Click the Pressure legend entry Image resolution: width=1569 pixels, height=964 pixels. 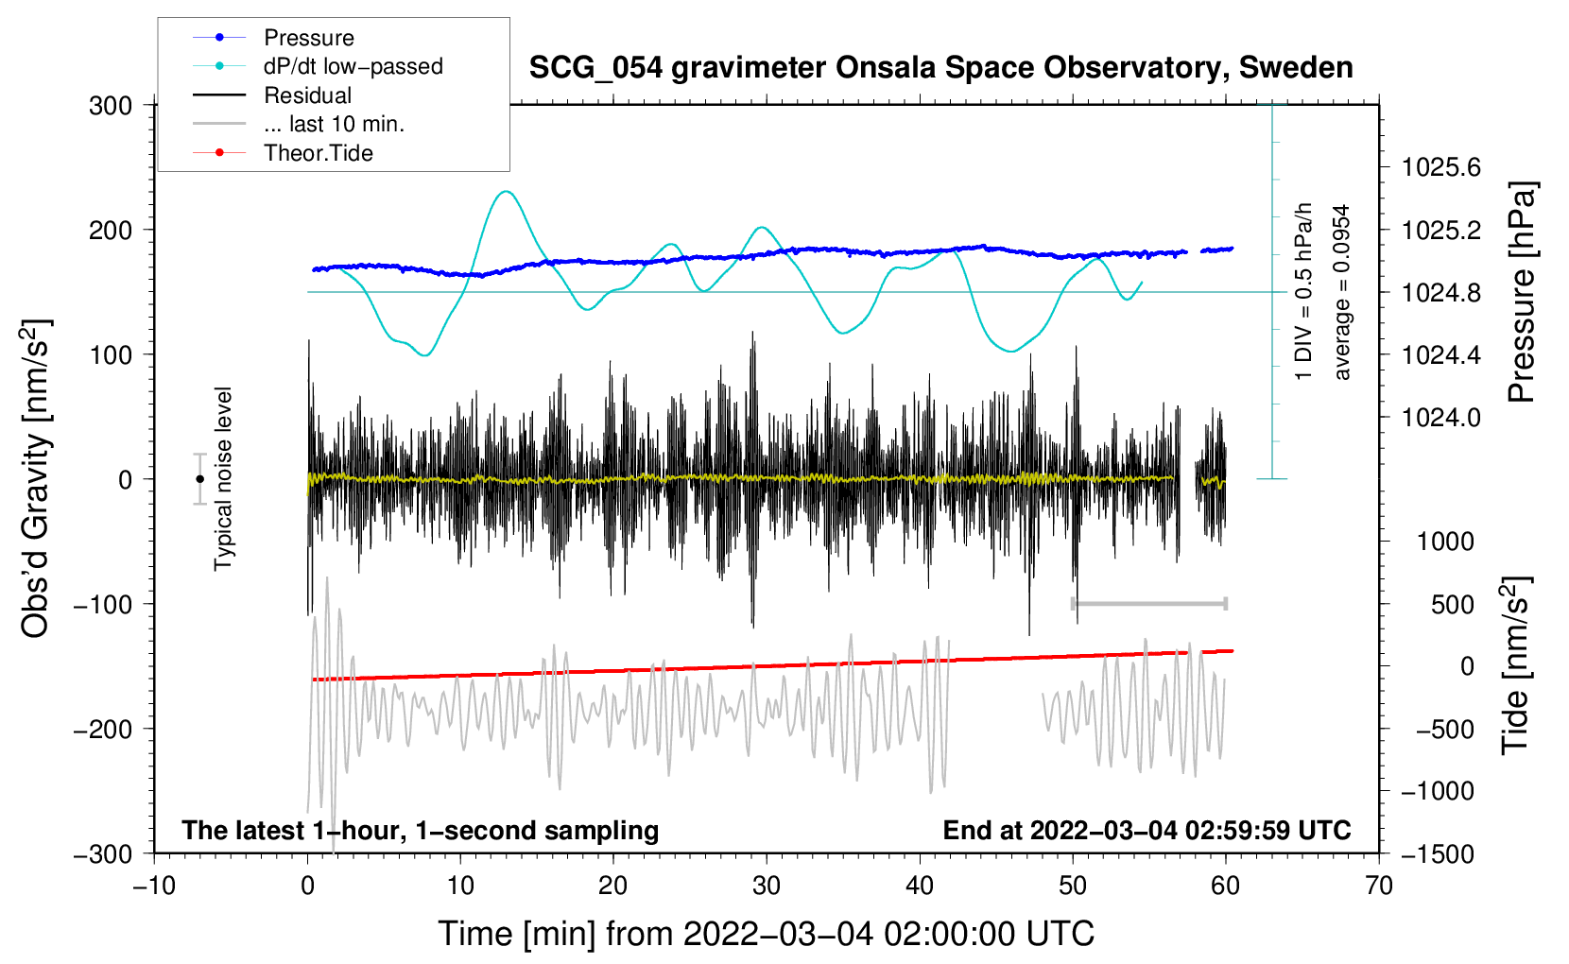click(308, 38)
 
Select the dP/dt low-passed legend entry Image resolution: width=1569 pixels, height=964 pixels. click(353, 66)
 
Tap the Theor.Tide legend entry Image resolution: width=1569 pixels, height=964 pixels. click(318, 153)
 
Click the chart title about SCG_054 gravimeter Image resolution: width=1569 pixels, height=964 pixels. click(940, 68)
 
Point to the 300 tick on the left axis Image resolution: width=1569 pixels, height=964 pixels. click(111, 106)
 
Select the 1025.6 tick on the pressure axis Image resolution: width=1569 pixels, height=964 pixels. click(1440, 168)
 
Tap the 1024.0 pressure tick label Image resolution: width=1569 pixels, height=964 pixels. click(1440, 418)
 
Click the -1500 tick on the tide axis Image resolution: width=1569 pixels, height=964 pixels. click(1437, 854)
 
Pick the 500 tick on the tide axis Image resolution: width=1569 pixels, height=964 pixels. click(1452, 605)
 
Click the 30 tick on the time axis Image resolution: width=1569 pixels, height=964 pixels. click(767, 886)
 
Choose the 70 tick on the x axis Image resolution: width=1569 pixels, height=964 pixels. click(1379, 886)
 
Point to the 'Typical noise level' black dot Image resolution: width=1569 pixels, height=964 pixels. click(199, 479)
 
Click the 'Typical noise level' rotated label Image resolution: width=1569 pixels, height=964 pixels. click(223, 478)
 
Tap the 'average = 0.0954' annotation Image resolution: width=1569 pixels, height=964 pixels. click(1341, 293)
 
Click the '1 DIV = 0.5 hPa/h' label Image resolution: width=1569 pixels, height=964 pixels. click(1304, 291)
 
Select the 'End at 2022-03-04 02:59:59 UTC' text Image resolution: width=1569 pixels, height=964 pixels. click(1147, 831)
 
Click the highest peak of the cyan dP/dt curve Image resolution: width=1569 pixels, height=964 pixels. click(507, 192)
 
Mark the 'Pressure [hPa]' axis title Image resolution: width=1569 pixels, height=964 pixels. click(1521, 293)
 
